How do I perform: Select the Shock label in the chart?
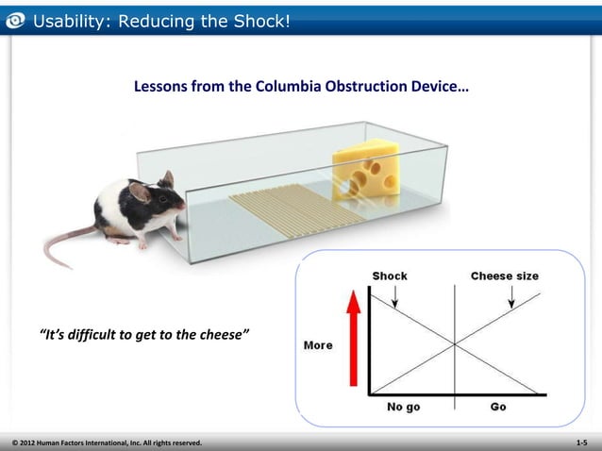tap(390, 276)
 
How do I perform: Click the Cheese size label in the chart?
tap(505, 276)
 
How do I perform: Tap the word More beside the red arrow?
tap(318, 345)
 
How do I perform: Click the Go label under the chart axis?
tap(498, 408)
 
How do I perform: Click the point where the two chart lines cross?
tap(455, 343)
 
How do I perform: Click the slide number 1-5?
tap(581, 442)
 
